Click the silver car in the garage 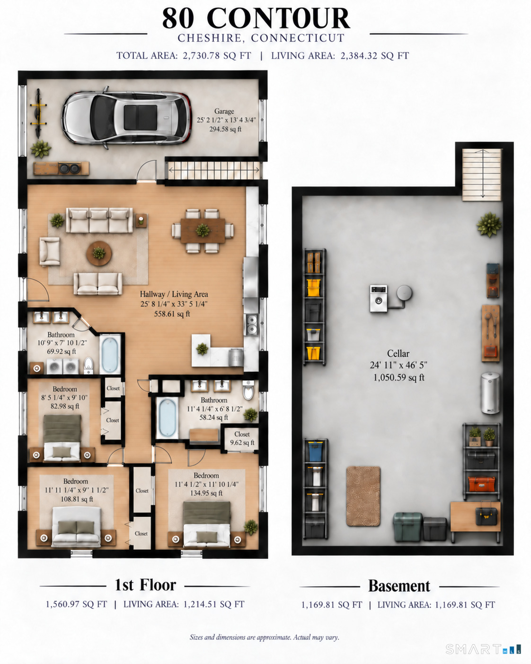pos(126,118)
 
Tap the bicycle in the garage pos(38,113)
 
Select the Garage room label pos(224,111)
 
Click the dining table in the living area pos(203,231)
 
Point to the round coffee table pos(99,253)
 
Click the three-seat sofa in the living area pos(99,220)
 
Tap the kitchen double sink pos(252,324)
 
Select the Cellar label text pos(398,353)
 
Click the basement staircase pos(482,175)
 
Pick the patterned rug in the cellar pos(363,496)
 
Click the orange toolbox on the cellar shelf pos(481,484)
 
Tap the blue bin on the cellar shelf pos(315,451)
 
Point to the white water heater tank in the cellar pos(490,393)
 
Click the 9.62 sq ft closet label pos(242,442)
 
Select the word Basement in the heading pos(399,586)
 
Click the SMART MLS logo pos(483,649)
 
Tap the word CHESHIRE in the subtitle pos(210,38)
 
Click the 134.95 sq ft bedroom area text pos(206,493)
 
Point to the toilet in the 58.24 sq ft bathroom pos(248,390)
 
